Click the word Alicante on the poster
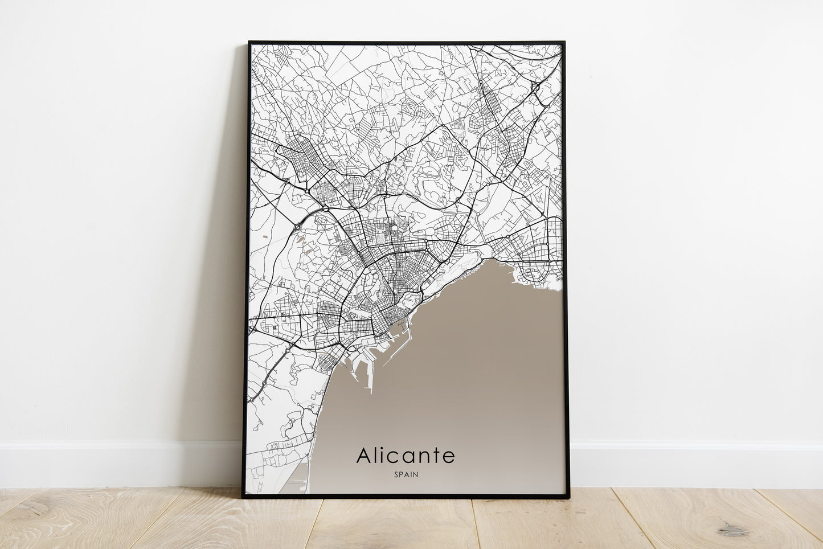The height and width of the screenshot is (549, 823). pos(406,456)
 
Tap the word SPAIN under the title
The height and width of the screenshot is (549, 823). pos(406,474)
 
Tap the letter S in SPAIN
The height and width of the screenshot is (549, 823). pos(395,474)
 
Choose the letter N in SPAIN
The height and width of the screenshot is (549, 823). pos(416,474)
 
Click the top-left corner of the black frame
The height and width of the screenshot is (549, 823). pos(249,42)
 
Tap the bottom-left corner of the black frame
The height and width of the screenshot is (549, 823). pos(243,497)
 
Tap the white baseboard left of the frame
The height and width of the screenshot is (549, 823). pos(114,464)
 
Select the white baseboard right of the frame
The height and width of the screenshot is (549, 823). pos(695,464)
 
